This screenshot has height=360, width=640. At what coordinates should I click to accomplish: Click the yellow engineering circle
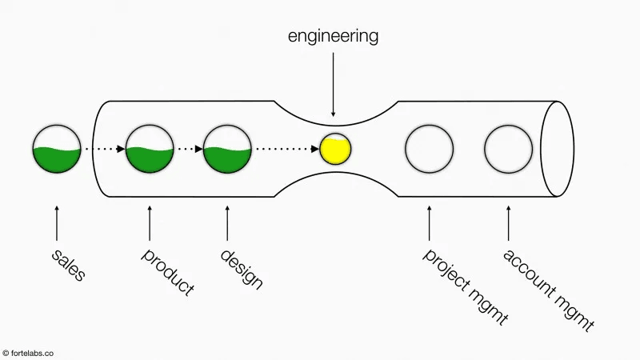[x=334, y=149]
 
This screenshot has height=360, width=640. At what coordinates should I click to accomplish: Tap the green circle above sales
[x=56, y=149]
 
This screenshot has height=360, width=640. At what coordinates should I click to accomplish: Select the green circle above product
[x=150, y=149]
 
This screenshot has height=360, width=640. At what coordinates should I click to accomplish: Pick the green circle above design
[x=228, y=149]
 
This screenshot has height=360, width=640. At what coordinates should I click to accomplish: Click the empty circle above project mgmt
[x=429, y=149]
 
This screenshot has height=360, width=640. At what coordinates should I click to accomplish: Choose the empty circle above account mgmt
[x=508, y=149]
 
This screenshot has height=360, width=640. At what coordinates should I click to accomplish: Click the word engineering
[x=334, y=36]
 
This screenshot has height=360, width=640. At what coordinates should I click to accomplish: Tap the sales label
[x=68, y=265]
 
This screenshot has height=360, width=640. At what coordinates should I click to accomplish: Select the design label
[x=242, y=269]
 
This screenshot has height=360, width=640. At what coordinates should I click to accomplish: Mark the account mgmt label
[x=548, y=290]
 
